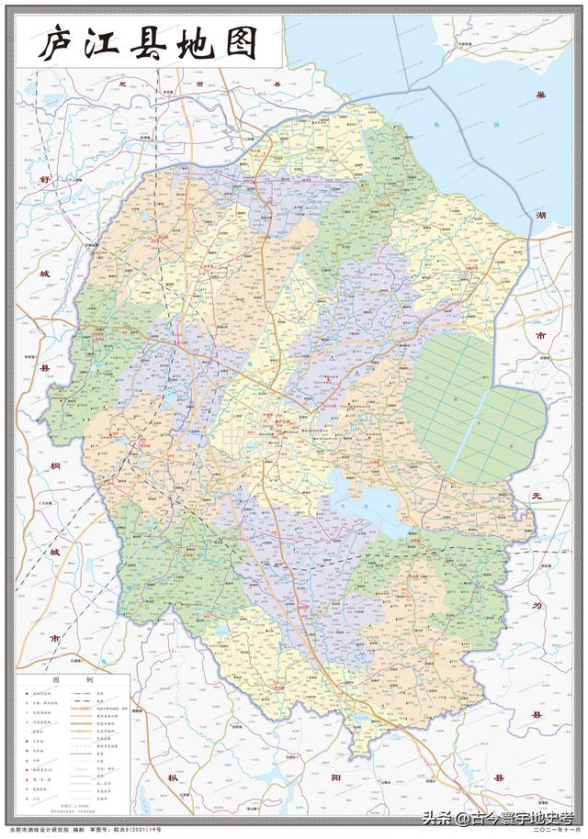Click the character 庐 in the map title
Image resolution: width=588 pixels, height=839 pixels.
coord(56,43)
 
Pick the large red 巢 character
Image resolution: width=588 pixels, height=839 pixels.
coord(543,95)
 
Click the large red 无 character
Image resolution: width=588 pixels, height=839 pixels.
coord(538,496)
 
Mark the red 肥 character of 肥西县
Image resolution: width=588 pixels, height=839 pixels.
coord(120,84)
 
